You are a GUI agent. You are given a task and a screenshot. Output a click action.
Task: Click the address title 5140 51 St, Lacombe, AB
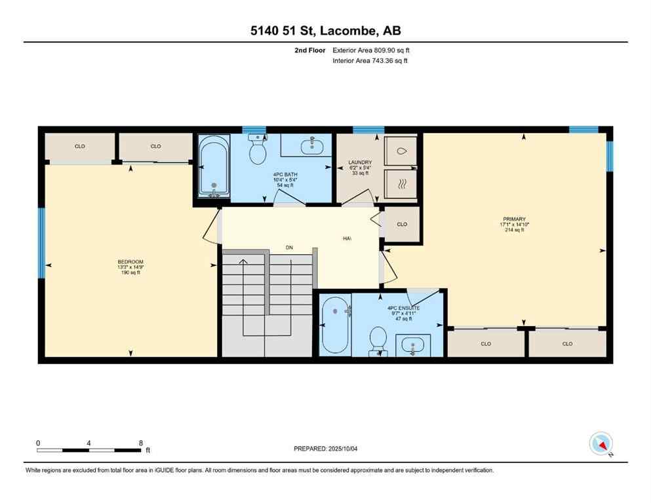(x=325, y=30)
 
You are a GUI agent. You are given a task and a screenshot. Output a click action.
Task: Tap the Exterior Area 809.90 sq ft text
(x=371, y=50)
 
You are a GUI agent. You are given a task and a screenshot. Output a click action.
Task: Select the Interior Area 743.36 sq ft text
(x=370, y=61)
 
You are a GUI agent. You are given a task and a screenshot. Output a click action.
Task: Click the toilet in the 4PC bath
(x=258, y=150)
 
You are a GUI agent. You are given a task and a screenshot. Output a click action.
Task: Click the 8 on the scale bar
(x=141, y=443)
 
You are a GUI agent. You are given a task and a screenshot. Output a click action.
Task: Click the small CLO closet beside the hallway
(x=402, y=224)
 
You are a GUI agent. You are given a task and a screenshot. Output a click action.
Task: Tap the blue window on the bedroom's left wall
(x=41, y=242)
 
